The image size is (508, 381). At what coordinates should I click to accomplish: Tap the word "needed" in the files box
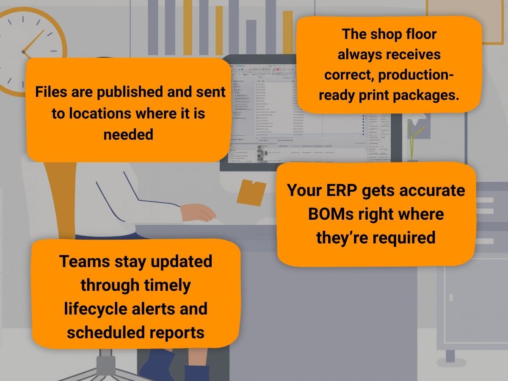(x=128, y=135)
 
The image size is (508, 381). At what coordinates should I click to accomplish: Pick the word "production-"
(x=416, y=75)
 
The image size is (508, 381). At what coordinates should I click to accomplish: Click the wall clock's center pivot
(x=24, y=52)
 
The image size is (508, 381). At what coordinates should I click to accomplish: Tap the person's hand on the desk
(x=199, y=212)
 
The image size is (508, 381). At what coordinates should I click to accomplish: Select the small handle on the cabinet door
(x=451, y=297)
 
